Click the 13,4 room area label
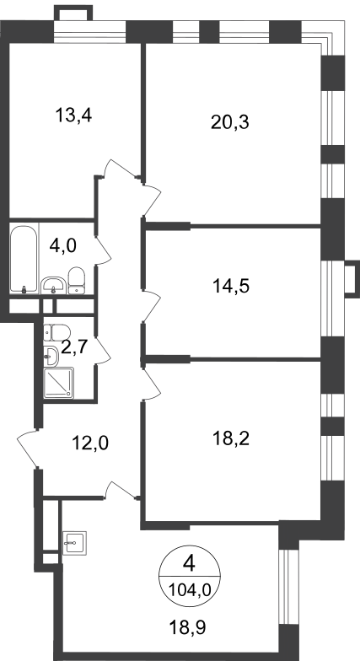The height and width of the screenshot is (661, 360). pos(73,115)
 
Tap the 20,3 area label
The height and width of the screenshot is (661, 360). pos(230,122)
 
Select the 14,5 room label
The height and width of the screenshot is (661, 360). pos(231,287)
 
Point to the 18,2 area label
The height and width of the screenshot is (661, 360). pos(231,438)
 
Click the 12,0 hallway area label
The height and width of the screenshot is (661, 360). pos(90,443)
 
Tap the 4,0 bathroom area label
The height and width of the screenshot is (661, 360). pos(62,245)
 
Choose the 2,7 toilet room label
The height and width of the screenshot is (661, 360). pos(74,347)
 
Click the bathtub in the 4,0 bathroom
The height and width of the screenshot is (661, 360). pos(24,260)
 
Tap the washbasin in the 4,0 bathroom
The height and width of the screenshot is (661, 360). pos(54,285)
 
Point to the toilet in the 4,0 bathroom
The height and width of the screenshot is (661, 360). pos(76,280)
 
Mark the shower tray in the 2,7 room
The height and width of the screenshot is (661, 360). pos(59,383)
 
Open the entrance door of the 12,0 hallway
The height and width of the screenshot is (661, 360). pos(28,448)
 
